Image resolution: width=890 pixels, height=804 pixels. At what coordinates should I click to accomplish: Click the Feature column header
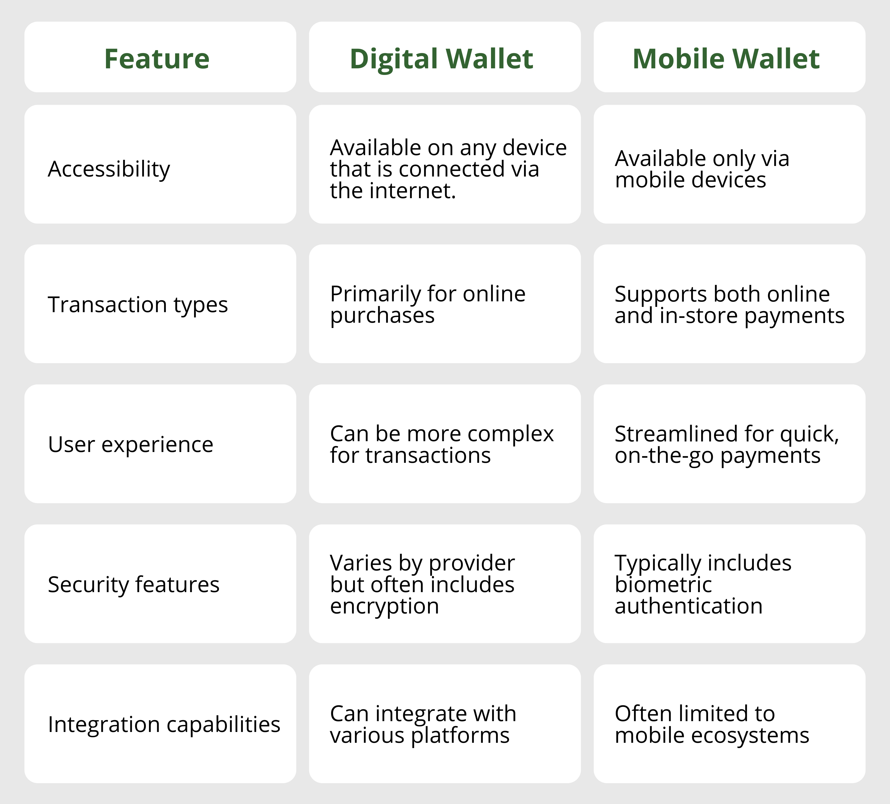[157, 59]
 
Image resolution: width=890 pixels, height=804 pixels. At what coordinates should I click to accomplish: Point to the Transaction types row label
[138, 305]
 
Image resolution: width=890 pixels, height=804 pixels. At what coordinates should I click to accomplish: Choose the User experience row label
[131, 444]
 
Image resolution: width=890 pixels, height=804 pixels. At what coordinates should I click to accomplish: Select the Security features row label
[133, 584]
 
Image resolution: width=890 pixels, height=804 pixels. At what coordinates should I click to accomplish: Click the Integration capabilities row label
[164, 725]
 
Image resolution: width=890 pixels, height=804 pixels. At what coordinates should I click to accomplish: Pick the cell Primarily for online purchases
[427, 305]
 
